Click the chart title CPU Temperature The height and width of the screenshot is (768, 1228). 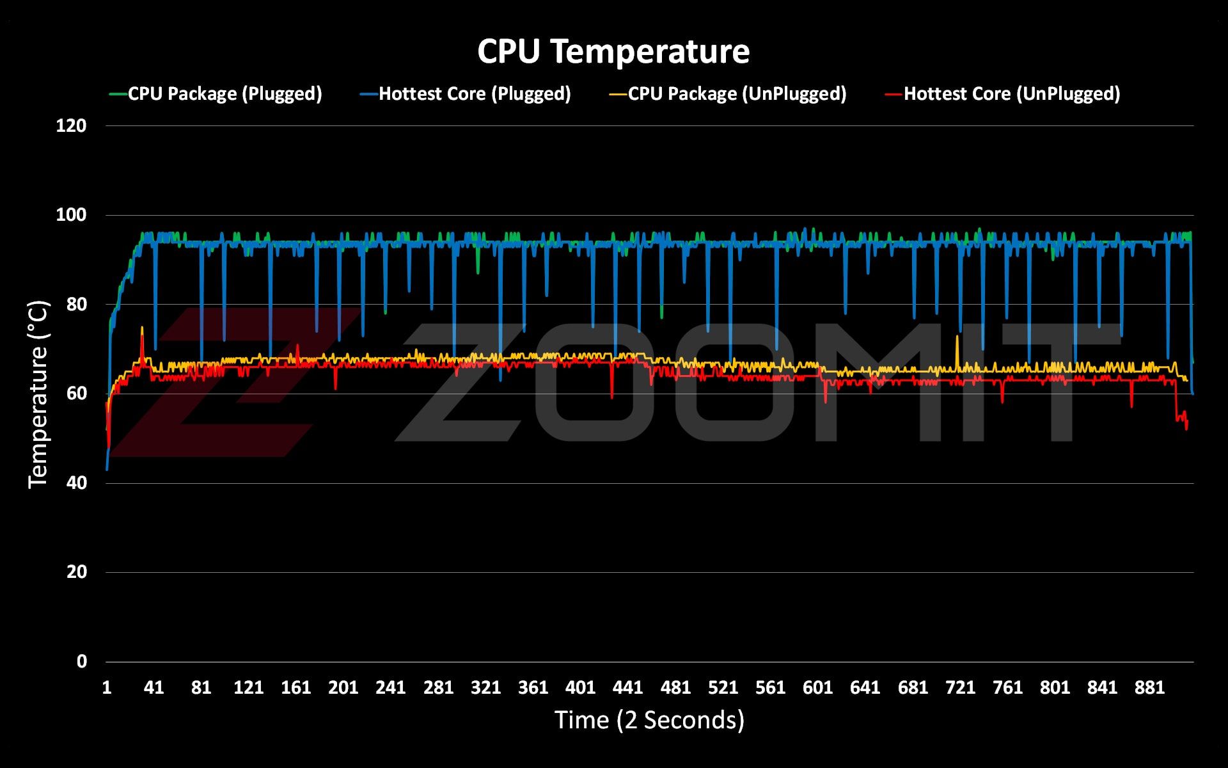(613, 51)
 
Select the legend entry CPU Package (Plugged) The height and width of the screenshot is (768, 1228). (224, 94)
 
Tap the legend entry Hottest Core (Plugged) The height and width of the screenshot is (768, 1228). (474, 94)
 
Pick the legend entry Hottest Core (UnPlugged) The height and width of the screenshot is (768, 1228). (1011, 94)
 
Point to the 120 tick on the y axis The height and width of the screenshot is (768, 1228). (71, 125)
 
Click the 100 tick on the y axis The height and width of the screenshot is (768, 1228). (71, 215)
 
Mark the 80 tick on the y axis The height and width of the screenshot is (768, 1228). (75, 304)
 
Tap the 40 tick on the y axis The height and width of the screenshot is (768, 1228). (75, 483)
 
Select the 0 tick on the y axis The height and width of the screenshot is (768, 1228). (81, 661)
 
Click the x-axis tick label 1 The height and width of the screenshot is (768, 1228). (107, 687)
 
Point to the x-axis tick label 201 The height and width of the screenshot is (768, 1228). (343, 687)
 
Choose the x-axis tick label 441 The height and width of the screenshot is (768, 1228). (628, 687)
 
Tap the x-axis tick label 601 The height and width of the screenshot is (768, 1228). (817, 687)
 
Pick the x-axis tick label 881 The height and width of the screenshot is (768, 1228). (1149, 687)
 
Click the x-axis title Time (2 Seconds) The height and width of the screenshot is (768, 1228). (649, 720)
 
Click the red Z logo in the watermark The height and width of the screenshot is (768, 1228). (230, 384)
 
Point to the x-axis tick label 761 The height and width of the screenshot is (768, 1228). (1007, 687)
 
